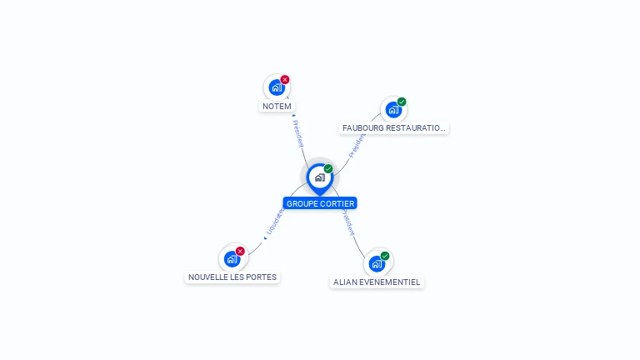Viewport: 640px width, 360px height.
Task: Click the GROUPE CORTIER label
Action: (x=320, y=203)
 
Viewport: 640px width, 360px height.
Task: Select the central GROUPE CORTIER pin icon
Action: (x=319, y=177)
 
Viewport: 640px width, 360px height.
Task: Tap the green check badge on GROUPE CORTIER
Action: (x=328, y=169)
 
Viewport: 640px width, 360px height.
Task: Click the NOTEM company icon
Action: (x=277, y=87)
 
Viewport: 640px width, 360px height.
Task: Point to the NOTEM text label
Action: (x=277, y=107)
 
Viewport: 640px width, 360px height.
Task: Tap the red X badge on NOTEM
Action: (x=285, y=80)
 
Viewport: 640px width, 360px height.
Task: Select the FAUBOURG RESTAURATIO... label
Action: (x=394, y=128)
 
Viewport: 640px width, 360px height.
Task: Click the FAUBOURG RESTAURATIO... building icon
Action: (x=393, y=109)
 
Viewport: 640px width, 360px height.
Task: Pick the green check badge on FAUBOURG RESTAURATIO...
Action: (x=402, y=102)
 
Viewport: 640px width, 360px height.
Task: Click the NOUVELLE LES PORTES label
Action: (x=232, y=277)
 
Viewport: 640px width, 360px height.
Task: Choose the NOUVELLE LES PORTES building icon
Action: (x=232, y=258)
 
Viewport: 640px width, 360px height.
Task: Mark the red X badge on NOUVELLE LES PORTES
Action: (x=240, y=251)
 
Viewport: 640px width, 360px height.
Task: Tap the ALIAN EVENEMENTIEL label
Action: (x=377, y=282)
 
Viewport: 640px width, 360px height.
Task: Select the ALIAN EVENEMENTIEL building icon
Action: (x=377, y=263)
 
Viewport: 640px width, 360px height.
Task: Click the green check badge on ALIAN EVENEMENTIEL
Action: (x=385, y=256)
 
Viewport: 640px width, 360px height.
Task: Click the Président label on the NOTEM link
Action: (x=298, y=134)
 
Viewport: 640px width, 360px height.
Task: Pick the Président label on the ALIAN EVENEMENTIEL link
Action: (x=347, y=223)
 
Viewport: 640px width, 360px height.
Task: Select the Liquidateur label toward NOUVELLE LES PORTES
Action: (x=275, y=222)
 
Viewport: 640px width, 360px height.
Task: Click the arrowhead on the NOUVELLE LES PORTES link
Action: (x=265, y=238)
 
